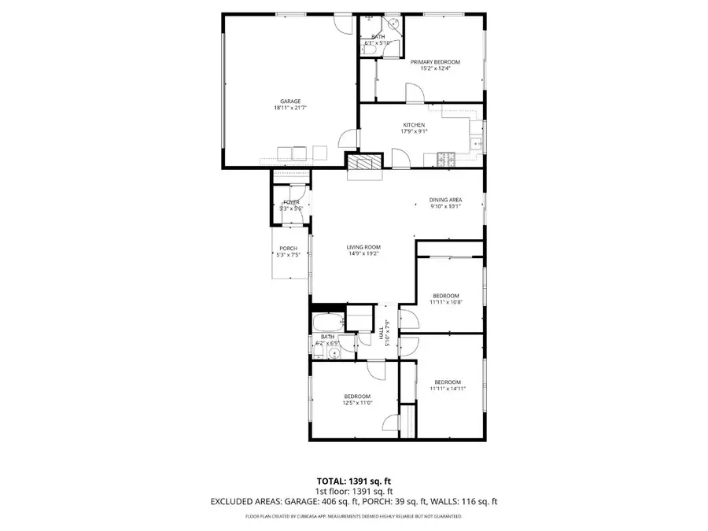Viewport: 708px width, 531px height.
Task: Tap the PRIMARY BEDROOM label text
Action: point(435,61)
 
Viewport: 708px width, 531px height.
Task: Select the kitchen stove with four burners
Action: point(446,160)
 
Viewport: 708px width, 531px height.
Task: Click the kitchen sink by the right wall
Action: point(476,142)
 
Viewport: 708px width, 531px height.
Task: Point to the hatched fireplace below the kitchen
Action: point(364,162)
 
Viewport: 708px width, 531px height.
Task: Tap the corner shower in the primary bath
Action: point(394,24)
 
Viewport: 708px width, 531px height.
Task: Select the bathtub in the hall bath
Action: point(328,323)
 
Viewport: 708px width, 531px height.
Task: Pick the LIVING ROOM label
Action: point(363,247)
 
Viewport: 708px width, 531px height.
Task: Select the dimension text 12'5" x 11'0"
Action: point(357,403)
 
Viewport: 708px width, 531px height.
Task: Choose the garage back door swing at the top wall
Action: point(340,24)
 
